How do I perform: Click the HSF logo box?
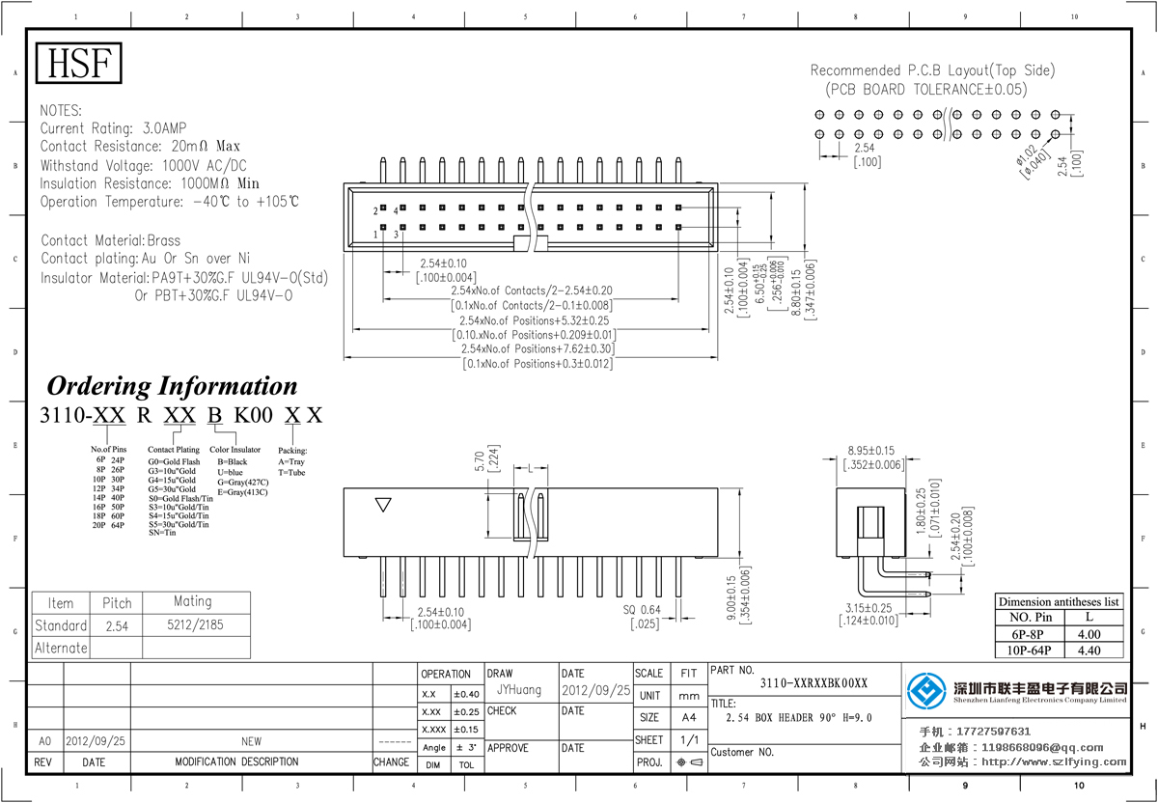[x=80, y=63]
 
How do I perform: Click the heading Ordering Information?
[x=172, y=386]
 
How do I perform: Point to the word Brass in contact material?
[x=163, y=240]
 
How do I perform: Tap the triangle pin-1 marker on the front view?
[x=384, y=505]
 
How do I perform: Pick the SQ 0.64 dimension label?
[x=642, y=610]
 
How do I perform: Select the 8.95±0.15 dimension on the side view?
[x=870, y=451]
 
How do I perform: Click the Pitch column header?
[x=117, y=602]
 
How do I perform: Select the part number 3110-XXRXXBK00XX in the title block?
[x=813, y=683]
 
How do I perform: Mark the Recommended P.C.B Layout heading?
[x=932, y=70]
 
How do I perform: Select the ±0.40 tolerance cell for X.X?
[x=466, y=694]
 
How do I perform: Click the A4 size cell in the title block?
[x=688, y=718]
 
